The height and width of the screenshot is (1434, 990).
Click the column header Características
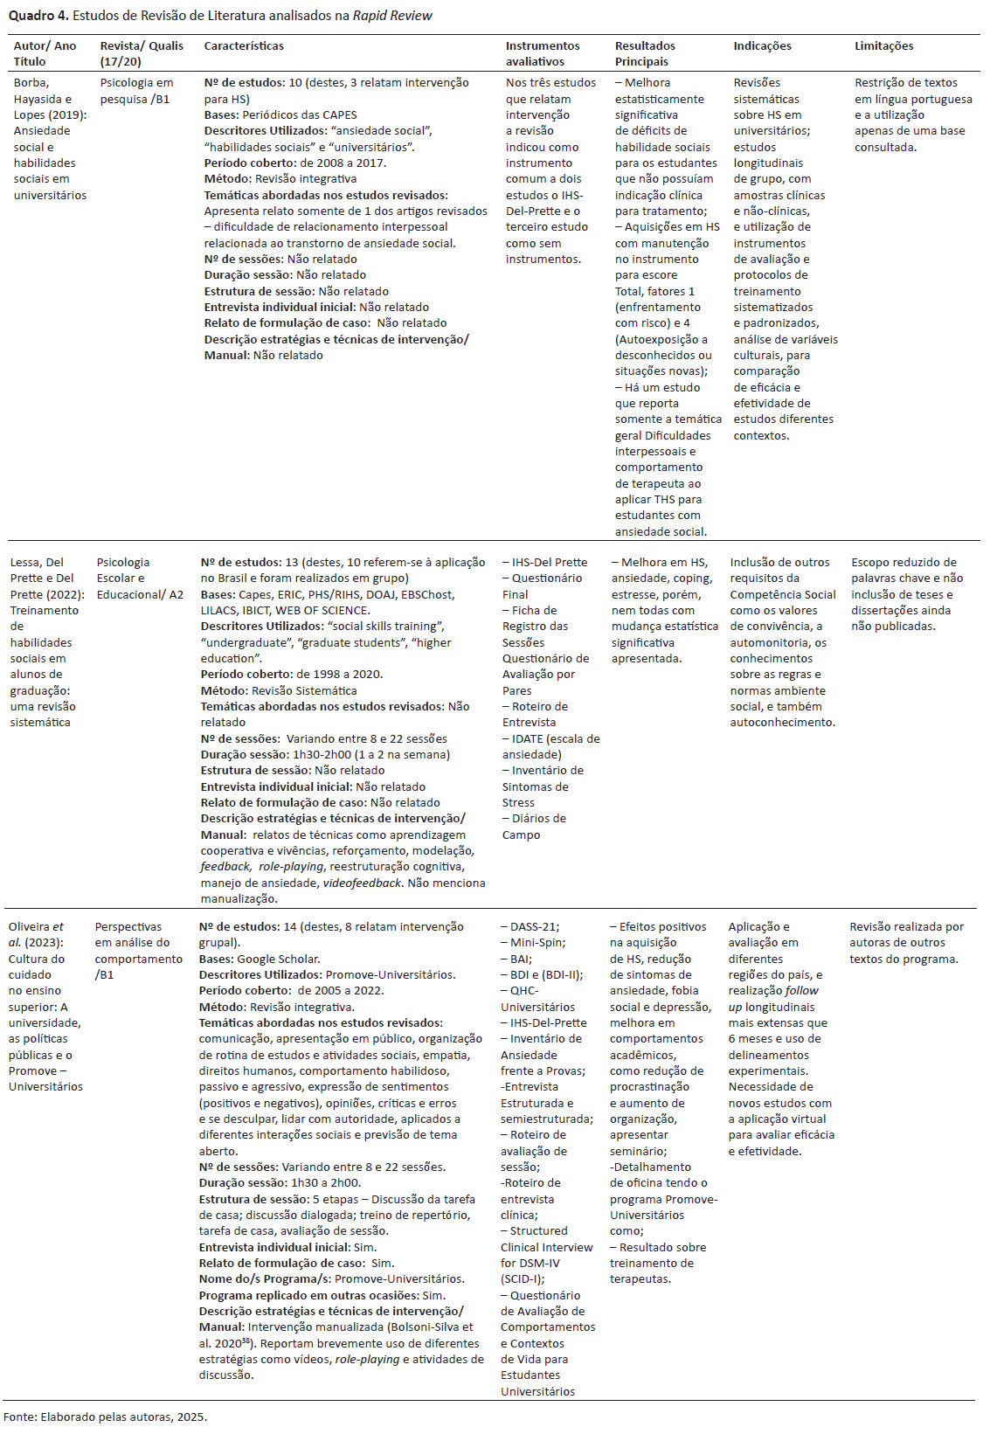coord(244,46)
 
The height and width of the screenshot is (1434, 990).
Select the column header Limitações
coord(883,46)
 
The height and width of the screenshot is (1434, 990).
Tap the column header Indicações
coord(762,46)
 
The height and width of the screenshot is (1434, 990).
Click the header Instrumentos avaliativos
coord(542,54)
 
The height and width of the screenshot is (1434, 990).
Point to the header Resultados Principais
coord(645,54)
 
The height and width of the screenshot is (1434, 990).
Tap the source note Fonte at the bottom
coord(105,1417)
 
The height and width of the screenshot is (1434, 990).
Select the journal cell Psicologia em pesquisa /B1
coord(136,91)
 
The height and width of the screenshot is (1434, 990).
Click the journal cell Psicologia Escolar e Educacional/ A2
coord(140,578)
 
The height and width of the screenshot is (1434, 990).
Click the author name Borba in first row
coord(31,83)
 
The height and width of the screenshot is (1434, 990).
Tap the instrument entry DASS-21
coord(532,927)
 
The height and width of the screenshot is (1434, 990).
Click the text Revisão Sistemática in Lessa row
coord(304,690)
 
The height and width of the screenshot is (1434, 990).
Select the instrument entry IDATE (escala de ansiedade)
coord(550,746)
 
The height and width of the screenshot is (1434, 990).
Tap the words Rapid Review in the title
coord(392,16)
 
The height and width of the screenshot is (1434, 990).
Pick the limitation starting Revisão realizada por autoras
coord(906,943)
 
